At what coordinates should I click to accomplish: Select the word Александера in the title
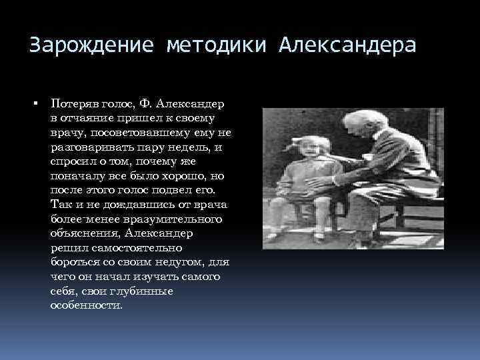tap(347, 46)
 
